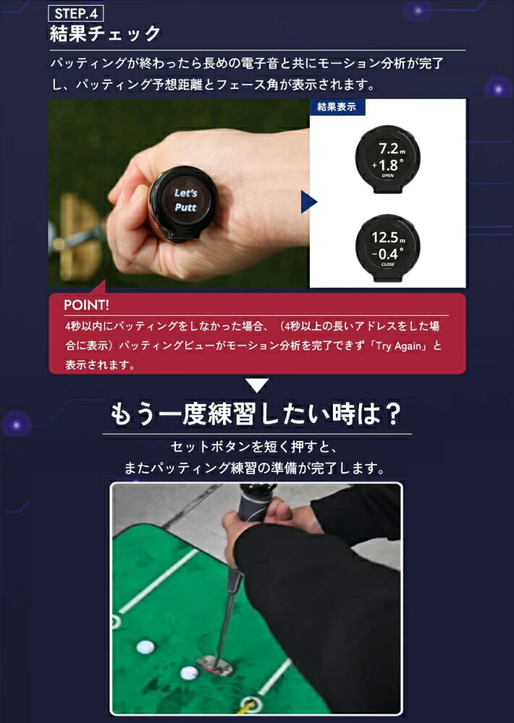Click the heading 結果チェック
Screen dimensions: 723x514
pyautogui.click(x=105, y=34)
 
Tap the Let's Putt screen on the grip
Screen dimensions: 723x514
pyautogui.click(x=186, y=200)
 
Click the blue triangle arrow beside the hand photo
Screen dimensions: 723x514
pyautogui.click(x=308, y=202)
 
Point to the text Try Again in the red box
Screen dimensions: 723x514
pyautogui.click(x=402, y=346)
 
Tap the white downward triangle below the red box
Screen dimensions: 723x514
pyautogui.click(x=256, y=385)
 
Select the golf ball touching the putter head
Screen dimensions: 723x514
pyautogui.click(x=190, y=674)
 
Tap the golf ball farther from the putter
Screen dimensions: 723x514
pyautogui.click(x=147, y=647)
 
